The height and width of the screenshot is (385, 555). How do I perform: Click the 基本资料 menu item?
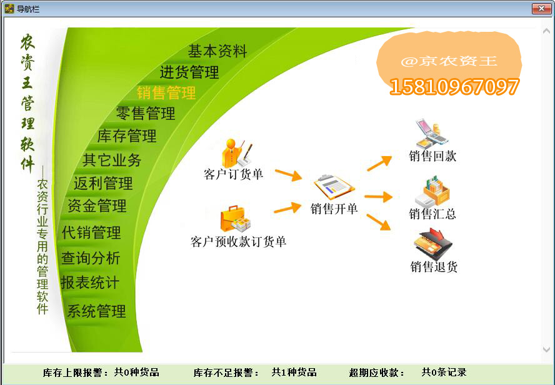click(217, 51)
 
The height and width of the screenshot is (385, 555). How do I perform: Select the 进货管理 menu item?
click(189, 72)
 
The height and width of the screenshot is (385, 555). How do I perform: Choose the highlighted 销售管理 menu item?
click(166, 93)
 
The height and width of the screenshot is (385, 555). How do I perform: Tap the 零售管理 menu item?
click(146, 114)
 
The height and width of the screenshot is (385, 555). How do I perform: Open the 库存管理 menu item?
click(127, 136)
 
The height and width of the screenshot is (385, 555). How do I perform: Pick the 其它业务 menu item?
click(112, 160)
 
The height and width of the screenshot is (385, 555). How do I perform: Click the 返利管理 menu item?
click(103, 183)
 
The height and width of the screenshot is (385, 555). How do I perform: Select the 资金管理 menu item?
click(97, 205)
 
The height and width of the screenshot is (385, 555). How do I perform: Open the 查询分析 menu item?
click(91, 258)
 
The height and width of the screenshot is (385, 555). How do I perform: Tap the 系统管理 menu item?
click(96, 311)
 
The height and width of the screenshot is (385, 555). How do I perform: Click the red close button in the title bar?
click(541, 8)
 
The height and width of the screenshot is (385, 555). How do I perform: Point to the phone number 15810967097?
click(454, 87)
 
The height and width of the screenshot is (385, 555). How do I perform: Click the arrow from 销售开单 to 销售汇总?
click(378, 197)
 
